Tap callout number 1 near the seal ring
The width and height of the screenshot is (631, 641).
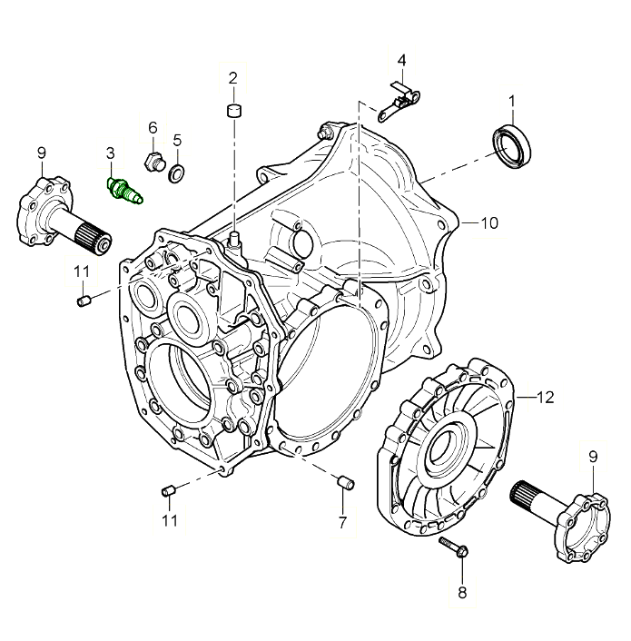[x=512, y=100]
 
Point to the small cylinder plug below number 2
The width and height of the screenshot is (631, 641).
[x=233, y=112]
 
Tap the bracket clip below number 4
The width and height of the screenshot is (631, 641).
[x=396, y=99]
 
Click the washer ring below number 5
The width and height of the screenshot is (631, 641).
[x=177, y=171]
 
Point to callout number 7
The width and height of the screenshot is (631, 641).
[x=342, y=522]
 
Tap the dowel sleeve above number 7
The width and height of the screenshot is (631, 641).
[x=343, y=481]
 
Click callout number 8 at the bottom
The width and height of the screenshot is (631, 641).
[x=461, y=593]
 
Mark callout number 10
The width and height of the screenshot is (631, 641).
[x=488, y=222]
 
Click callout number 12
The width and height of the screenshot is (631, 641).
[x=544, y=398]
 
